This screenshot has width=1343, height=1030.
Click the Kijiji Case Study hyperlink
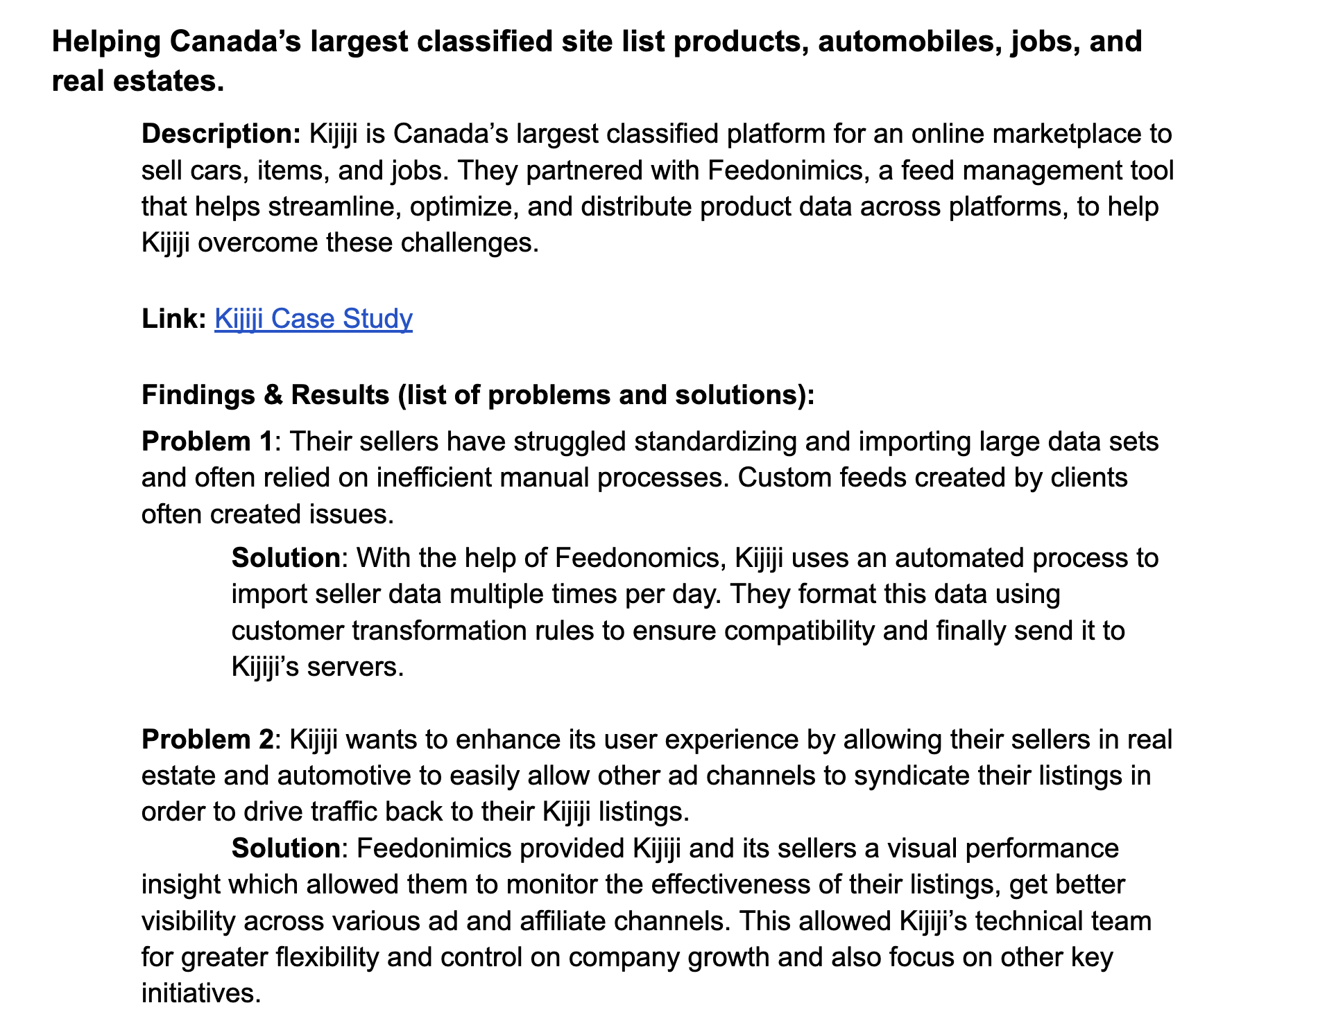point(313,319)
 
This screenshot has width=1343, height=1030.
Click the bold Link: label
point(173,319)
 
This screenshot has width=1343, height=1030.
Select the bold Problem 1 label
point(207,442)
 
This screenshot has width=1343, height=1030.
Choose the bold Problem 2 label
point(207,740)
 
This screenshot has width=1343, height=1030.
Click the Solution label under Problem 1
point(286,558)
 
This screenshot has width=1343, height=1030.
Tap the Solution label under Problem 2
point(286,848)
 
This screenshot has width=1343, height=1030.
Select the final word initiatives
point(200,993)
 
